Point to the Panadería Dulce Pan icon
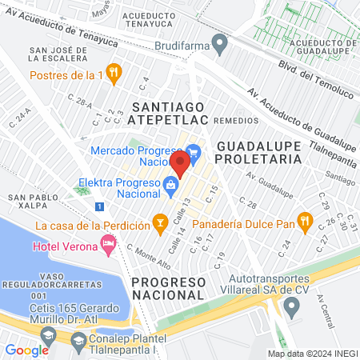303,220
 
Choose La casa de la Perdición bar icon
160,220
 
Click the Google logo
26,350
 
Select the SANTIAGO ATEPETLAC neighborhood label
170,113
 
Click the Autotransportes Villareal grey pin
291,305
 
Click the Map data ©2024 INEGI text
312,354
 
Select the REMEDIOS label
237,119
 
